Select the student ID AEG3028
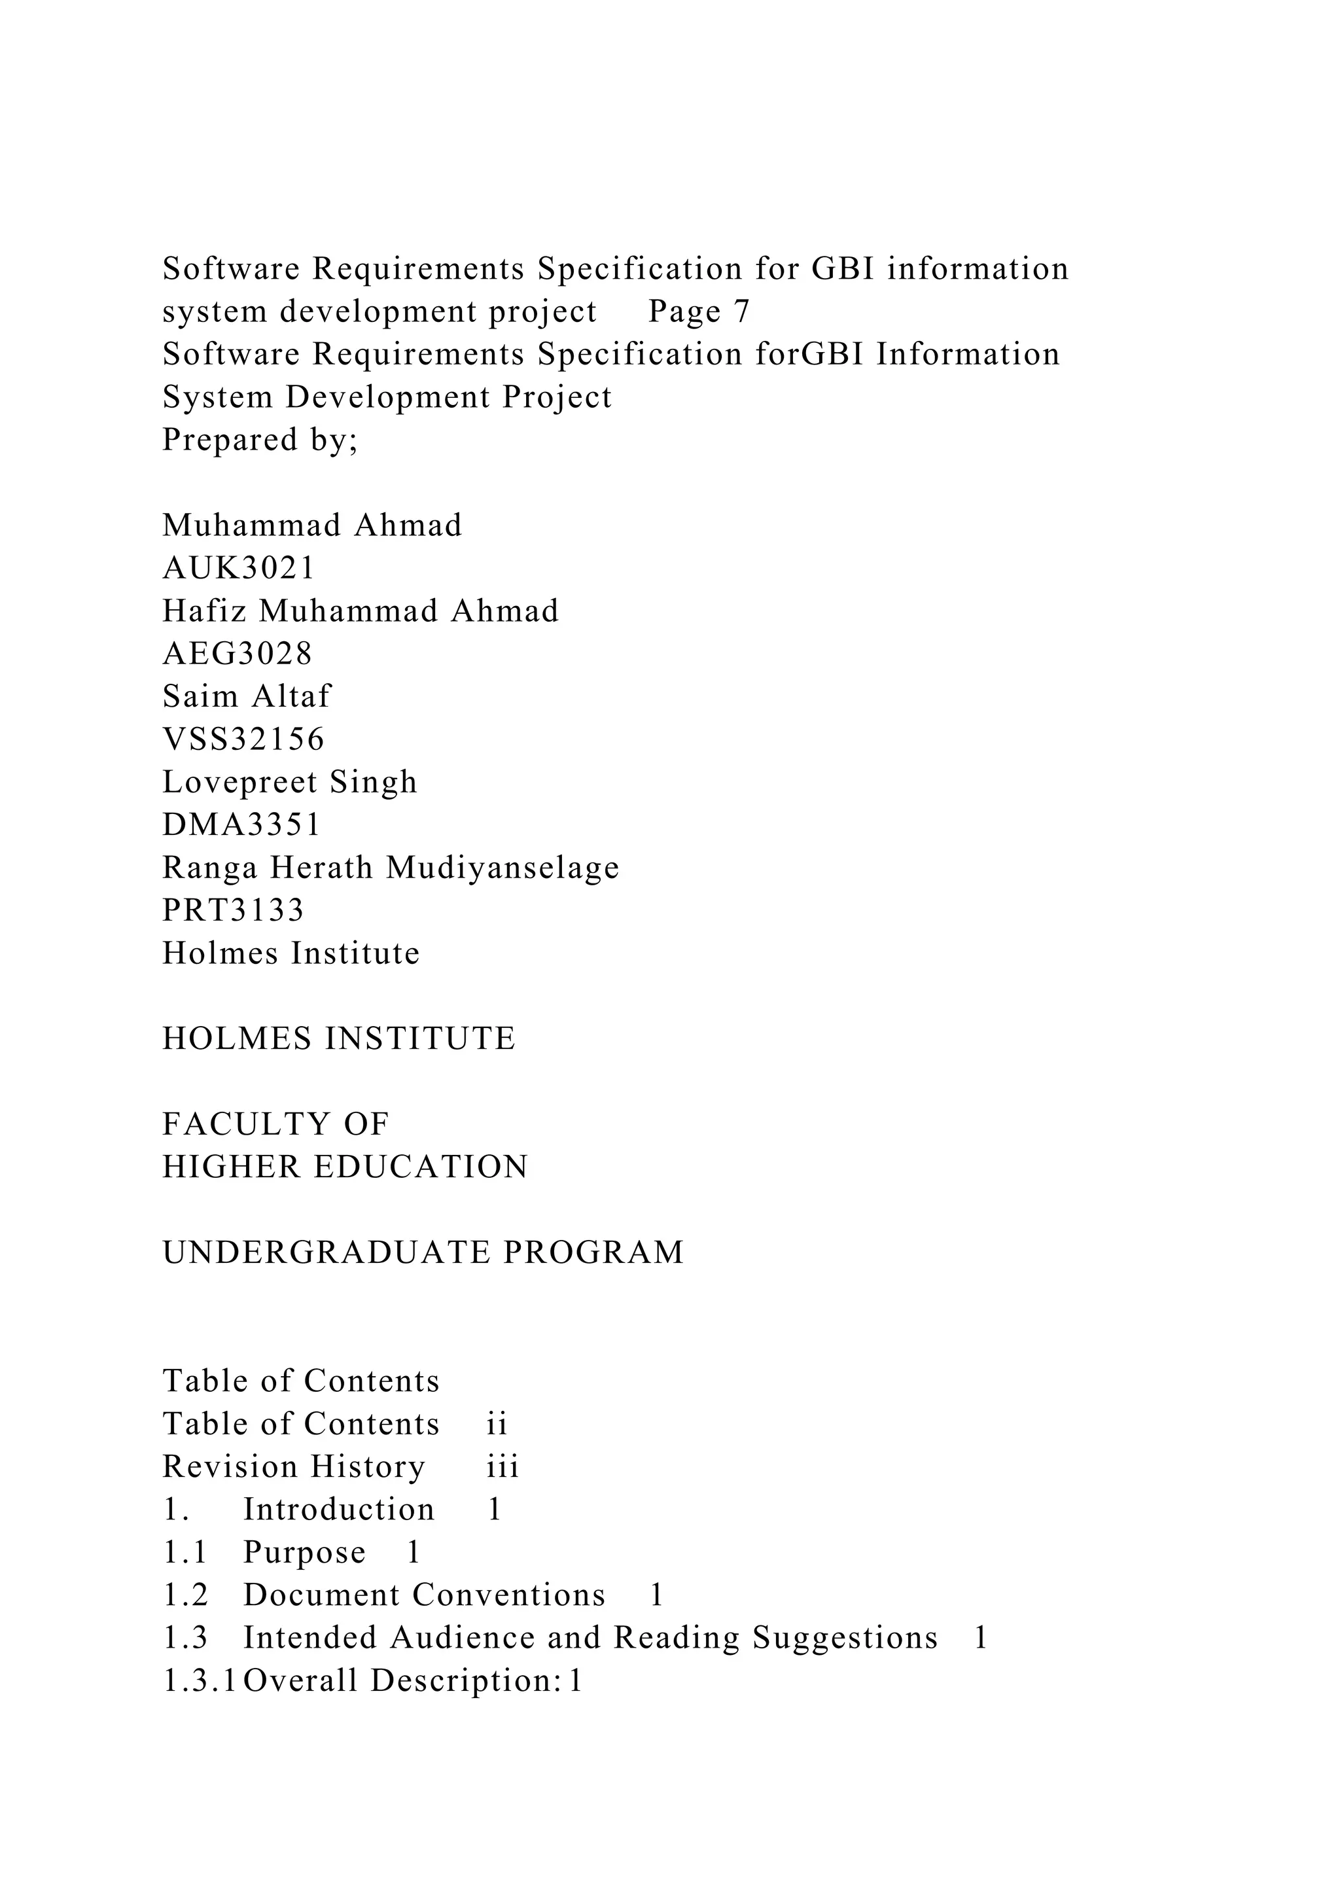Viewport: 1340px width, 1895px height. pos(238,654)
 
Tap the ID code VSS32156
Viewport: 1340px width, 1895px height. pos(243,739)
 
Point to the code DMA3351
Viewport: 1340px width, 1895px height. pos(241,824)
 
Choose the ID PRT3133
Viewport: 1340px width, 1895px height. pos(234,910)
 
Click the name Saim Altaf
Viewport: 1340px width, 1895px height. pos(246,696)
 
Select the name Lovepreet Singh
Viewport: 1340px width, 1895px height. pos(290,781)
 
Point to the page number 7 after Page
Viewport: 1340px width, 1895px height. pos(741,311)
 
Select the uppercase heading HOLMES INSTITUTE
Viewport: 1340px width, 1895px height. pos(338,1038)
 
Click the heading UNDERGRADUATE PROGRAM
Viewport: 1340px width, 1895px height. pos(423,1252)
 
